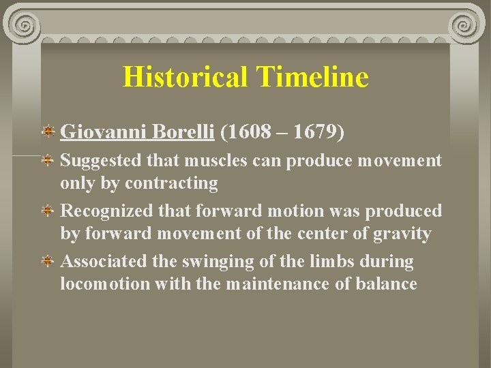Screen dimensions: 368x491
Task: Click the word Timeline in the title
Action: [313, 77]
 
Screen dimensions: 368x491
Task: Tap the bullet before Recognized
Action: [49, 211]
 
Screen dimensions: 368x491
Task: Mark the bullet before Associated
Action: [49, 262]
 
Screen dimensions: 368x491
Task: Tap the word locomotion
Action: [105, 283]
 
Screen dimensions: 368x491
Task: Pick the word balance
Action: [386, 283]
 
